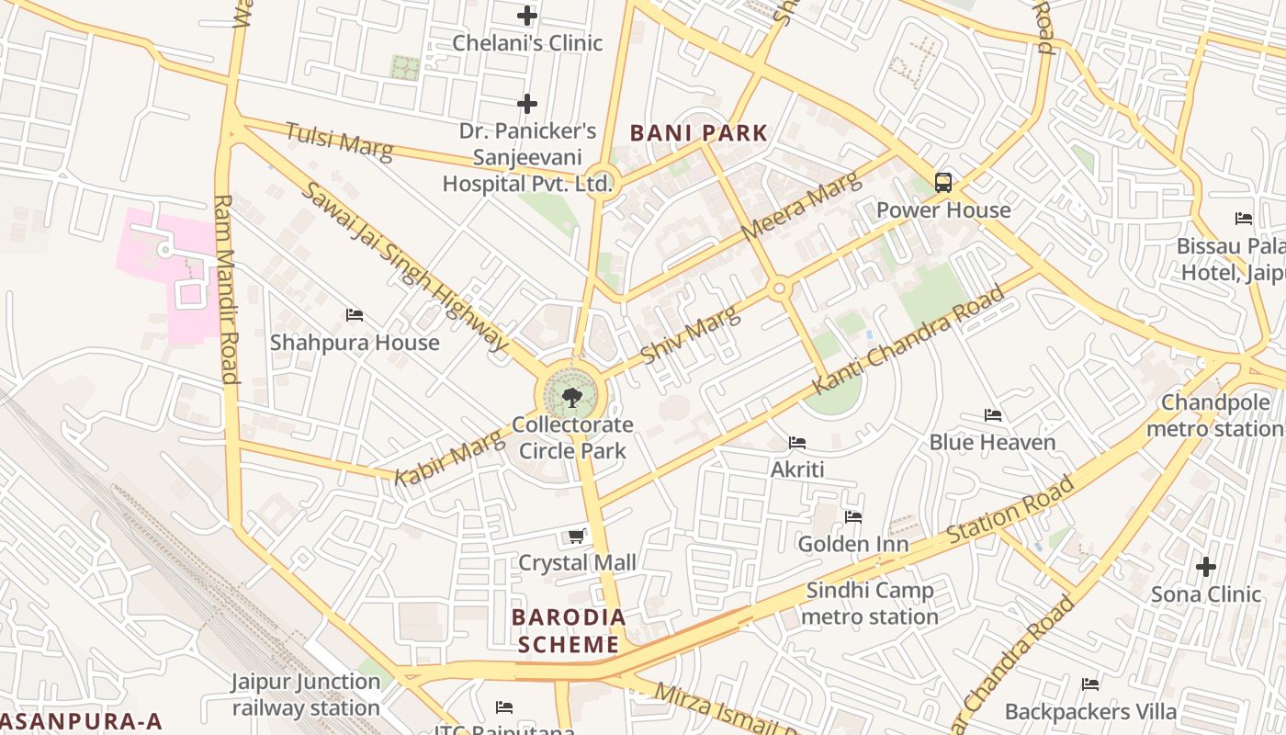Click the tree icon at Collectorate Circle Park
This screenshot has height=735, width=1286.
tap(571, 397)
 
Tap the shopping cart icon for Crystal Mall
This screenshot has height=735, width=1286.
tap(577, 536)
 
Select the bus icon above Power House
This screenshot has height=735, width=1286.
tap(942, 182)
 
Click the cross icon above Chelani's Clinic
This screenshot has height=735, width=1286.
tap(526, 16)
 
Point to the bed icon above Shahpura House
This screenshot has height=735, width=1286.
tap(355, 315)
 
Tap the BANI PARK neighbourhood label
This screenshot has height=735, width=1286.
tap(698, 133)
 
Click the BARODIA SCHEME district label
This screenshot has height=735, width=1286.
tap(569, 630)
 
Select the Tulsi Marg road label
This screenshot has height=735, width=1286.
tap(339, 141)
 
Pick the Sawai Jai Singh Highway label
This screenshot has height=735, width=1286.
tap(404, 266)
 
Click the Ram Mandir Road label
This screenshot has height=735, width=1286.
tap(226, 288)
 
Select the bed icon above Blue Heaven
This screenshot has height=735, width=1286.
tap(992, 415)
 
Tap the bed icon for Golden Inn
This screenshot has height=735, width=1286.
tap(853, 517)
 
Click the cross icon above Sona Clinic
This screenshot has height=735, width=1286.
tap(1205, 567)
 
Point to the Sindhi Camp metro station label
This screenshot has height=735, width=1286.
tap(869, 604)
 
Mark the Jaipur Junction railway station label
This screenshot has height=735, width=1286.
tap(306, 695)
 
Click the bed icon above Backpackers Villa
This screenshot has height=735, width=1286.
tap(1090, 684)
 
